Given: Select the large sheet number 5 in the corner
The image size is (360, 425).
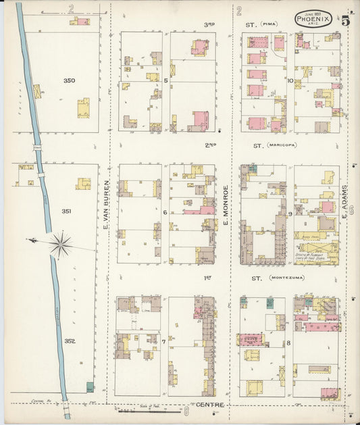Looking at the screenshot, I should pyautogui.click(x=345, y=20).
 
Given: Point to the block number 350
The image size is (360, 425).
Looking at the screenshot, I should pyautogui.click(x=69, y=81).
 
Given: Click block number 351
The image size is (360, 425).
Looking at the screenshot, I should pyautogui.click(x=68, y=211).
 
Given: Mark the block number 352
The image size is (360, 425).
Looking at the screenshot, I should pyautogui.click(x=69, y=341).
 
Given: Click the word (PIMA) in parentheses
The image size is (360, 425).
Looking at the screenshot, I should pyautogui.click(x=272, y=24).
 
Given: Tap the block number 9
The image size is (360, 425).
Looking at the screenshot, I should pyautogui.click(x=290, y=214).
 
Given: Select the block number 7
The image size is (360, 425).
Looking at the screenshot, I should pyautogui.click(x=163, y=342).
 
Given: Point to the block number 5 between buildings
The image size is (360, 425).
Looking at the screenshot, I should pyautogui.click(x=165, y=78).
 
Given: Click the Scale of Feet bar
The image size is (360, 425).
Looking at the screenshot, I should pyautogui.click(x=149, y=410).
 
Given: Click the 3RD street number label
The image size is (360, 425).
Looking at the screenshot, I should pyautogui.click(x=209, y=24).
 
